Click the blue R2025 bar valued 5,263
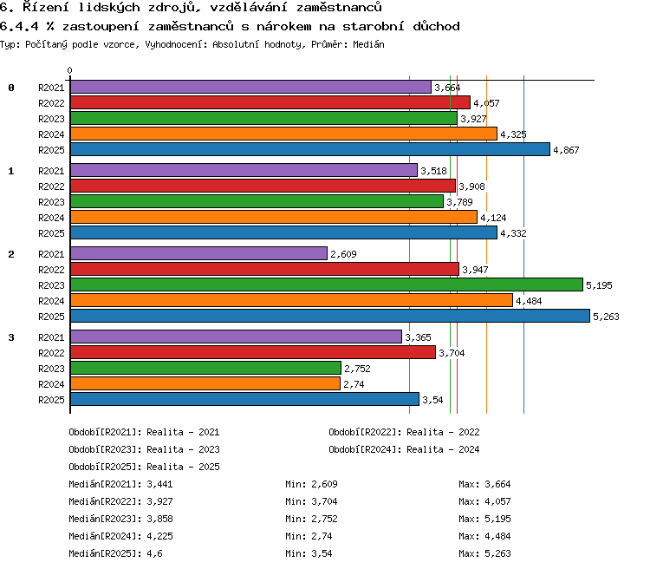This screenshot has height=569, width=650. click(330, 316)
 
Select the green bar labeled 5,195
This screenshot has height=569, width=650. click(327, 284)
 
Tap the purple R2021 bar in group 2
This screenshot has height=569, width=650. click(199, 253)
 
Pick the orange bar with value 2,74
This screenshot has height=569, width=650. click(205, 383)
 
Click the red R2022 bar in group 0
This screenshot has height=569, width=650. click(270, 102)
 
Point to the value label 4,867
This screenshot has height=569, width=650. click(566, 150)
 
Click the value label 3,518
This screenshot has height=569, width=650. click(433, 171)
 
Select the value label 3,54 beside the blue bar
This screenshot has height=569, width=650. click(432, 400)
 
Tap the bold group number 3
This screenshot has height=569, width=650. click(11, 337)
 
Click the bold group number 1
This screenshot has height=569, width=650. click(11, 171)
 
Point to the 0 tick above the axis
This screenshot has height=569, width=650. click(69, 70)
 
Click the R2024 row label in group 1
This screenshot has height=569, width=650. click(51, 218)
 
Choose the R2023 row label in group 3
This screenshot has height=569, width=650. click(51, 369)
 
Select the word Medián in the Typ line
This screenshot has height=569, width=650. click(368, 44)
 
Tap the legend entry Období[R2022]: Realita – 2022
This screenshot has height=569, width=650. click(404, 432)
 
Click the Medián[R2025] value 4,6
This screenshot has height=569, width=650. click(154, 553)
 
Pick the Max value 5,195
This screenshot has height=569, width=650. click(497, 519)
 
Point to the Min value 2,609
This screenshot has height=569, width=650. click(325, 484)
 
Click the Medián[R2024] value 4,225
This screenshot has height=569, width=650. click(160, 536)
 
